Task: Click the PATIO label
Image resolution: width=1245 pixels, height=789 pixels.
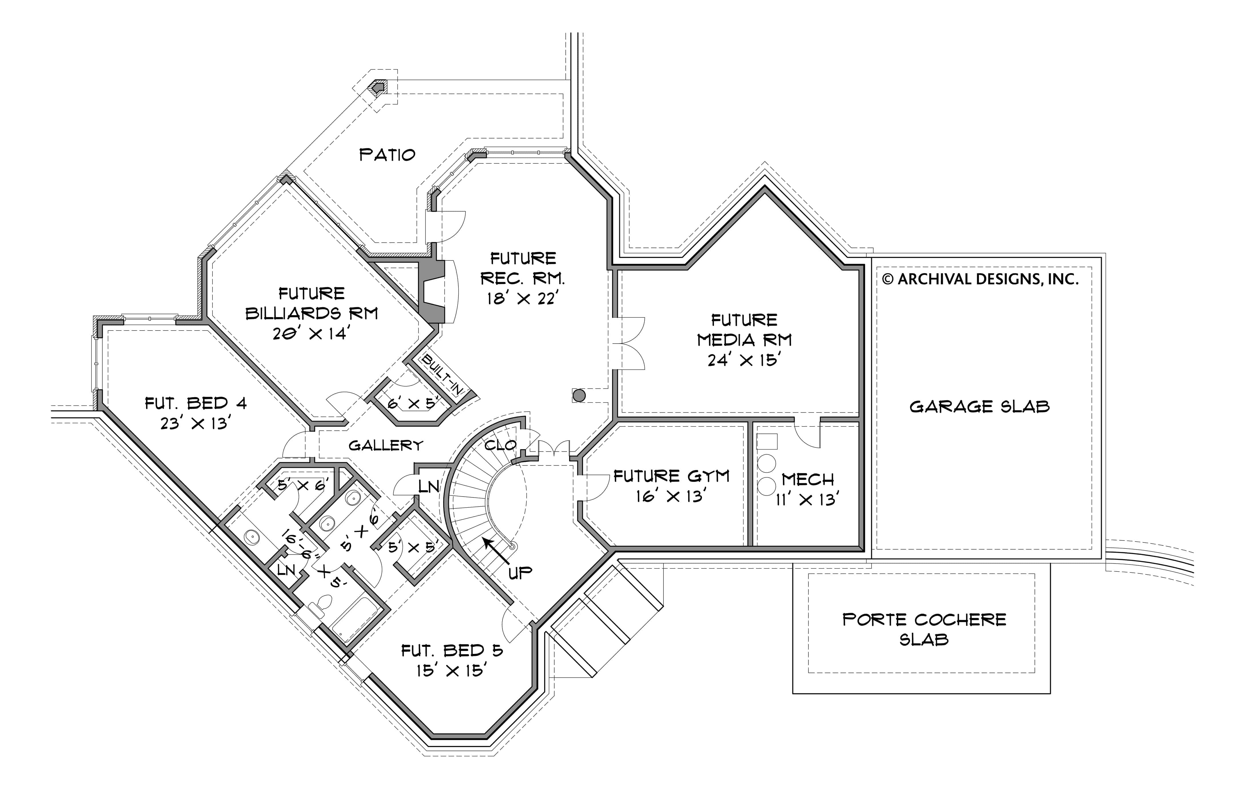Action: pos(387,155)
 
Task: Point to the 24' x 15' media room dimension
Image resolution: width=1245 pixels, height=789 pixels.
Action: pos(744,360)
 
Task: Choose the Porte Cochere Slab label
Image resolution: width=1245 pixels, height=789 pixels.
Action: pos(924,629)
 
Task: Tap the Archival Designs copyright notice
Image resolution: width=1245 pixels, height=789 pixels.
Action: pos(980,279)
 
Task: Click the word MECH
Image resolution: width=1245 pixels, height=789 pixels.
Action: pos(808,479)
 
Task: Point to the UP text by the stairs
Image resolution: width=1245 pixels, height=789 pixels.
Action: pos(520,572)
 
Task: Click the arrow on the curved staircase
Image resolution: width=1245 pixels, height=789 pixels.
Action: pos(497,550)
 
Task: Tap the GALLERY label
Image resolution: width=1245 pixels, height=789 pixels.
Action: pos(386,445)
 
